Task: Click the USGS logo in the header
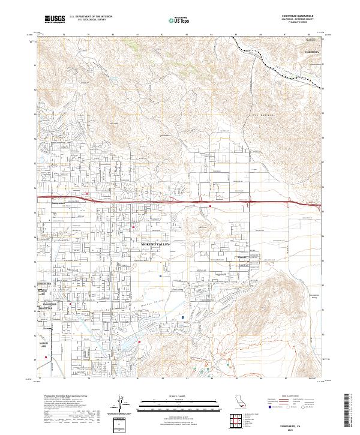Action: (x=55, y=19)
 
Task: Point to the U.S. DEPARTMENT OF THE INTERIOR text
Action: (x=91, y=17)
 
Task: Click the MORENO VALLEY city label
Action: (x=155, y=245)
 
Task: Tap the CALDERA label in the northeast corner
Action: (x=313, y=53)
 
